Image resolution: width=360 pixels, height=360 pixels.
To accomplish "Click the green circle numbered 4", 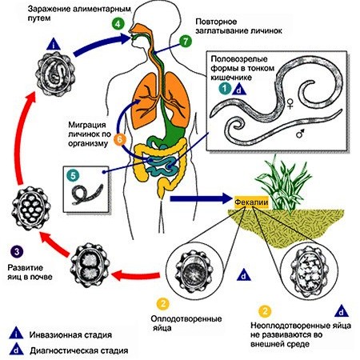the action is click(118, 24).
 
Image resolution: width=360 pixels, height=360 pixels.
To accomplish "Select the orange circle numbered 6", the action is click(120, 139).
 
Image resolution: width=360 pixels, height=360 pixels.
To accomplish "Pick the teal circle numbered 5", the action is click(74, 176).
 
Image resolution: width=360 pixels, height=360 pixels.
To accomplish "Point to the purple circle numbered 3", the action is click(17, 251).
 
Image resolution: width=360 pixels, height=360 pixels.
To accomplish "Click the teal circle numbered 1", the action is click(225, 88).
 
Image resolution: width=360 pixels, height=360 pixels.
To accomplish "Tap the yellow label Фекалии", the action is click(251, 202).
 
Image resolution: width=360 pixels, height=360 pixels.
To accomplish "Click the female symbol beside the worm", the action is click(290, 103).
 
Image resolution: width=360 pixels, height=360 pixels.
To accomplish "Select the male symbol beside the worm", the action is click(301, 133).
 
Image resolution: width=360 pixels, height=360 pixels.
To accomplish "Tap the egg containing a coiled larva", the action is click(55, 74).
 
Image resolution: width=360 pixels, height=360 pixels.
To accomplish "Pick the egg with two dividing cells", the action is click(90, 266).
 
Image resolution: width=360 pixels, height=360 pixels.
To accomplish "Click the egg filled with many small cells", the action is click(31, 209).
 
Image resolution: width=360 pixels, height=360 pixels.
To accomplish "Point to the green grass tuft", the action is click(283, 184).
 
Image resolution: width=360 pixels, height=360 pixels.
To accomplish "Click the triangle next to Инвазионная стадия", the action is click(16, 333).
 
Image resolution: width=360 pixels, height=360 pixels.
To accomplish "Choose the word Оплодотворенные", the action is click(186, 318).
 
